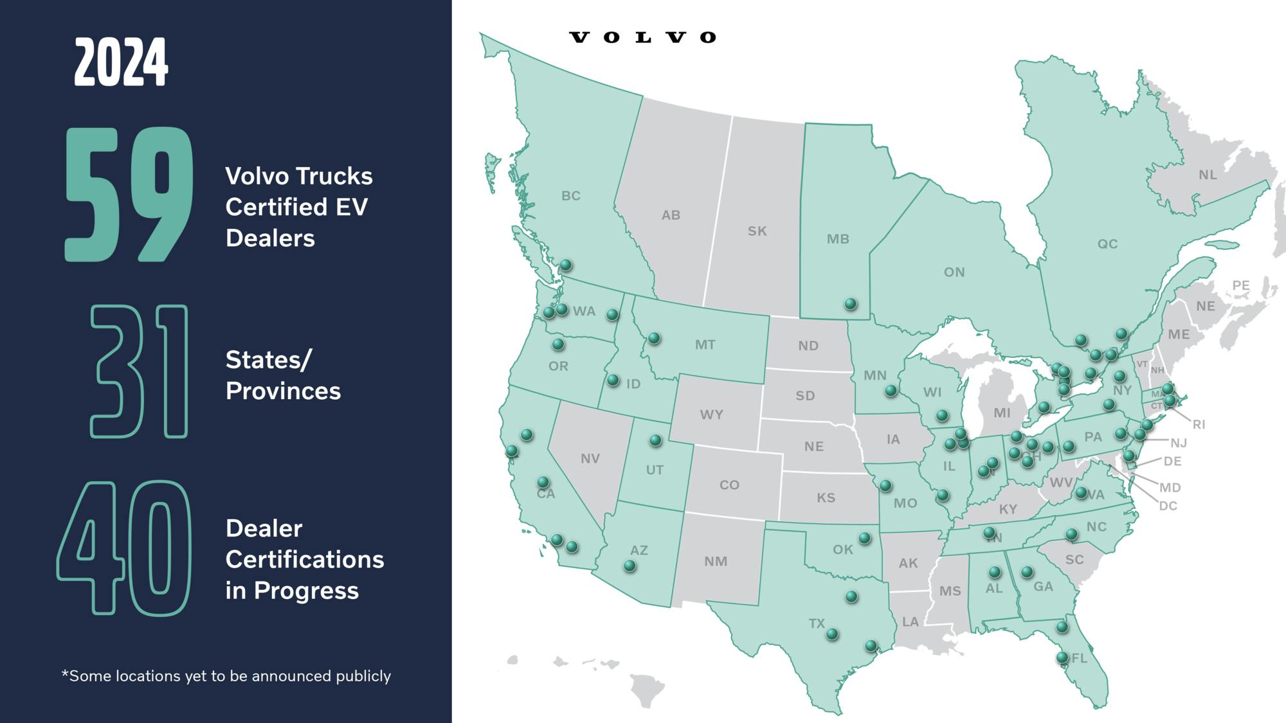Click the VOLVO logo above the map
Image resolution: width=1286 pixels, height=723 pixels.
[x=642, y=37]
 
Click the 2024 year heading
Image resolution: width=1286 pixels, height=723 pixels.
[x=121, y=62]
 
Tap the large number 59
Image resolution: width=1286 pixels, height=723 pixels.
[x=129, y=195]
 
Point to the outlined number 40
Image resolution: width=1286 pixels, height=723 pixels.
[x=125, y=548]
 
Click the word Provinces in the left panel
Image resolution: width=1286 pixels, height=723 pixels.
[x=283, y=391]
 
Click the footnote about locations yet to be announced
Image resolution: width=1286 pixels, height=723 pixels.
[x=226, y=676]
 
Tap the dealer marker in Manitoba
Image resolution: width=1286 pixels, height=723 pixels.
[x=851, y=303]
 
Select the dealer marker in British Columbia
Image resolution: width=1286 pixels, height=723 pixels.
[x=566, y=264]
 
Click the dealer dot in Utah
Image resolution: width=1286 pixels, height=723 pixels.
[x=655, y=440]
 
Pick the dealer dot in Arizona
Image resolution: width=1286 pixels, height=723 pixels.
[x=630, y=566]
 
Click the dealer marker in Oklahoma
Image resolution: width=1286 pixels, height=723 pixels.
[x=865, y=537]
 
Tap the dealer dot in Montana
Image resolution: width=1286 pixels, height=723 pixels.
[x=654, y=337]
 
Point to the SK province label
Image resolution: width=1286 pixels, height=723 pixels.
[x=757, y=231]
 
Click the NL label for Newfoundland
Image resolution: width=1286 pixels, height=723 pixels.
[x=1208, y=175]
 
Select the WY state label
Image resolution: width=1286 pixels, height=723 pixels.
[x=711, y=415]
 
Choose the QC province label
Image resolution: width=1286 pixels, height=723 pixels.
[x=1107, y=244]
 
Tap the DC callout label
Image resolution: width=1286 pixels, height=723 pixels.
[x=1168, y=506]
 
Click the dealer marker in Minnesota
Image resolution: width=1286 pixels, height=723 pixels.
[x=891, y=390]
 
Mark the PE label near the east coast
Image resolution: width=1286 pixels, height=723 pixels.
[x=1240, y=285]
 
